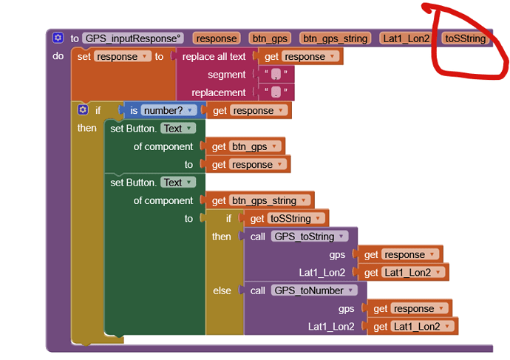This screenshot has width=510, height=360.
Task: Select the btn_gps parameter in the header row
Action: pyautogui.click(x=269, y=38)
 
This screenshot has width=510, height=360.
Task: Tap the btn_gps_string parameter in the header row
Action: pyautogui.click(x=336, y=38)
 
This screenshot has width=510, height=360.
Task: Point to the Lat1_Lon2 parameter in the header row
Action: pyautogui.click(x=405, y=38)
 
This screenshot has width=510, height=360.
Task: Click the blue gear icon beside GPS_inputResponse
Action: pyautogui.click(x=58, y=38)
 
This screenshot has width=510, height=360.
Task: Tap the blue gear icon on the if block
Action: pyautogui.click(x=83, y=110)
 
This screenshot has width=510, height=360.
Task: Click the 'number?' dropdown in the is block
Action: pyautogui.click(x=170, y=110)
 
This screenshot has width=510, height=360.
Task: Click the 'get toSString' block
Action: pyautogui.click(x=286, y=218)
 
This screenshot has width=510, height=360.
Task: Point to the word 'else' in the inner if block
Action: pyautogui.click(x=222, y=291)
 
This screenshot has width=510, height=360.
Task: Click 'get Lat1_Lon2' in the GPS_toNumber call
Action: pyautogui.click(x=411, y=327)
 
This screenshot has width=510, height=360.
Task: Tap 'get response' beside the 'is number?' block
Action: pyautogui.click(x=250, y=110)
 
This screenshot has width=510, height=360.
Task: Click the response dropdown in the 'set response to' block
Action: pyautogui.click(x=122, y=56)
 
